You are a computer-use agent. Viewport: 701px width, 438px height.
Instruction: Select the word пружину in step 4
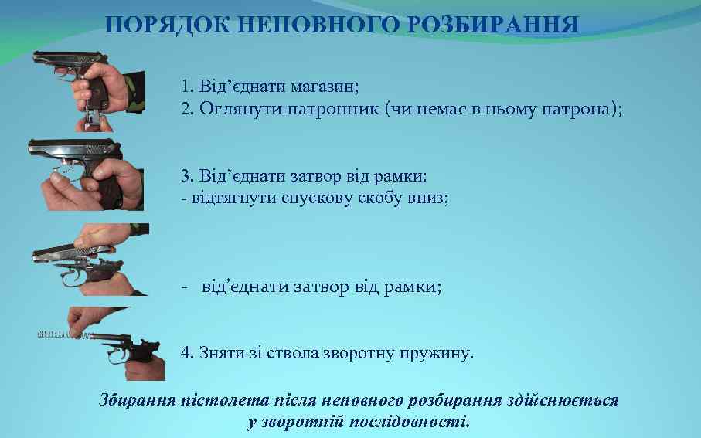pos(437,353)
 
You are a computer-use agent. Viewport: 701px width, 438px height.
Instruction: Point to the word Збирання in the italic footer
pos(131,400)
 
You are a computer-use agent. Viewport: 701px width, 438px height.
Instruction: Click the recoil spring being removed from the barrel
pos(57,334)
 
